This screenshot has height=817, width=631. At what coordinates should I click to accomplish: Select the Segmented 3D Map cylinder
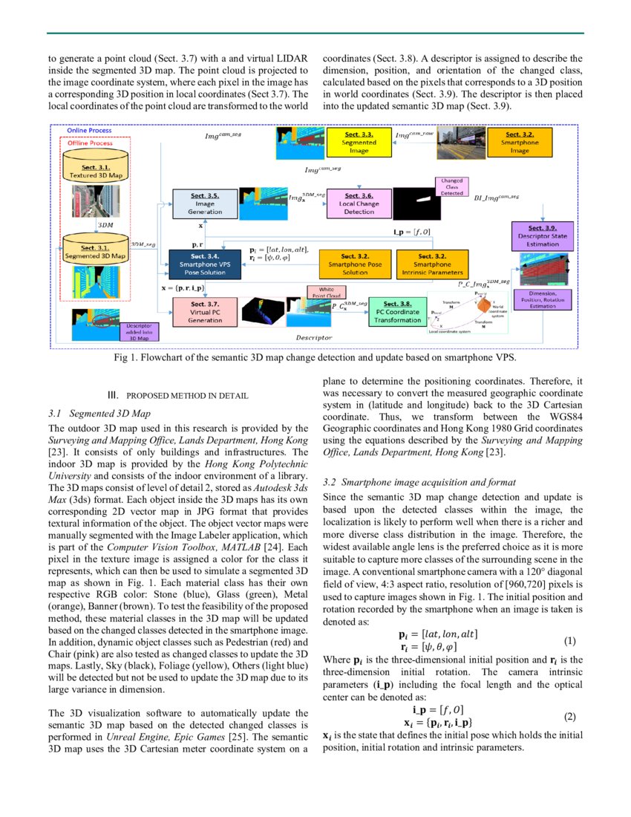click(x=94, y=247)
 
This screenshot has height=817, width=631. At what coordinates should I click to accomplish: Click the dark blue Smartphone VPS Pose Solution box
click(x=205, y=264)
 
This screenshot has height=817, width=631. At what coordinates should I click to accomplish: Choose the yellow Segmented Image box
click(x=359, y=141)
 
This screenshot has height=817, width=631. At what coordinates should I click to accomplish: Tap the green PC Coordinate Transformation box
click(x=397, y=312)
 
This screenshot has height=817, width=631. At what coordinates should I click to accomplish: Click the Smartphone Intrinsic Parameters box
click(x=431, y=264)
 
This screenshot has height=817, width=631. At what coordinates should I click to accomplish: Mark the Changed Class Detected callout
click(x=451, y=186)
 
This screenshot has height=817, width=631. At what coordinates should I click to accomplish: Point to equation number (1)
click(x=569, y=639)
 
